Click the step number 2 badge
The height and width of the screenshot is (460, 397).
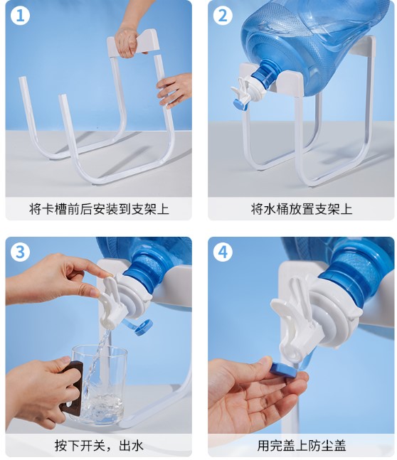click(x=223, y=14)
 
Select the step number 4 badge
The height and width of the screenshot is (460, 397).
click(x=223, y=252)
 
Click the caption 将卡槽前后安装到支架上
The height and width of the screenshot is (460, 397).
click(x=99, y=208)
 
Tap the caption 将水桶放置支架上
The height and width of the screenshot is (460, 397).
click(x=301, y=208)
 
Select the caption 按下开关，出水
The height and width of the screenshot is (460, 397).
click(x=99, y=446)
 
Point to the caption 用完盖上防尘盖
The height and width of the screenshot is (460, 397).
click(x=301, y=446)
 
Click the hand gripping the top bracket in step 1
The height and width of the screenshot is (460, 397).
click(x=127, y=40)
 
